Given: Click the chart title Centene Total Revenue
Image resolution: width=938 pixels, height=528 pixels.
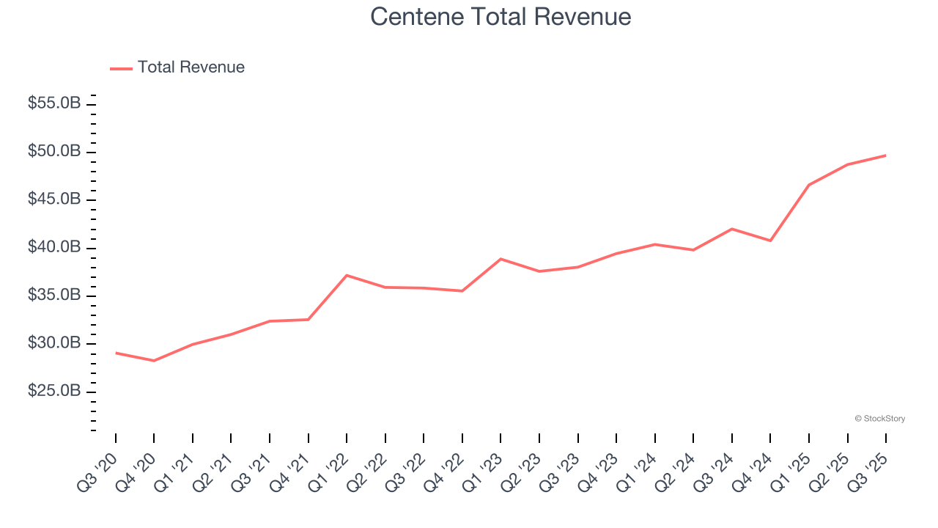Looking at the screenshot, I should click(501, 16).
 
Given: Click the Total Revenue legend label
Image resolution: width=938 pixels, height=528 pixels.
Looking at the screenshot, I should click(191, 67).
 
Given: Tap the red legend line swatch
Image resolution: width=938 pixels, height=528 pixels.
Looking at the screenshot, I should click(121, 68).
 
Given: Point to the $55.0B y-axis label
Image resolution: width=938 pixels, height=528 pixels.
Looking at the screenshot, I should click(54, 103).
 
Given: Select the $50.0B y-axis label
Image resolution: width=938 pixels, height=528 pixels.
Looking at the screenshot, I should click(54, 152).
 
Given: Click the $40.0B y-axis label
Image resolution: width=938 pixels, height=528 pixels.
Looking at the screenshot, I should click(54, 248).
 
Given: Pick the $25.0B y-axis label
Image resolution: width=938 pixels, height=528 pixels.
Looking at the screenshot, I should click(54, 392).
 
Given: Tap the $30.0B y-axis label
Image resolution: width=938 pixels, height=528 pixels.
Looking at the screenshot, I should click(54, 344).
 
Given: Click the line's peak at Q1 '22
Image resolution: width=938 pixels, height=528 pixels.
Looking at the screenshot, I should click(347, 275).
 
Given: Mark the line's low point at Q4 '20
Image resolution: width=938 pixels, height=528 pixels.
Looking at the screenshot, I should click(154, 361).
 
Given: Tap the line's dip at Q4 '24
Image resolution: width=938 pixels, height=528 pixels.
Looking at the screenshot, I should click(770, 241).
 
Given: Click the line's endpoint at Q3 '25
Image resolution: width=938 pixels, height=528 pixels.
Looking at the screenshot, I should click(885, 155).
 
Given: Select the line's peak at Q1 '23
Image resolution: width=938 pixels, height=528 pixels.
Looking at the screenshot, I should click(501, 259).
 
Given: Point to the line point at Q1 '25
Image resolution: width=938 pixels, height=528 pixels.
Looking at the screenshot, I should click(809, 185).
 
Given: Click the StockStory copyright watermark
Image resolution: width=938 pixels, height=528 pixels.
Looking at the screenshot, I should click(879, 419).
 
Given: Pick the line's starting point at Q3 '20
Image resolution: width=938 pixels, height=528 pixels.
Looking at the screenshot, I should click(116, 353).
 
